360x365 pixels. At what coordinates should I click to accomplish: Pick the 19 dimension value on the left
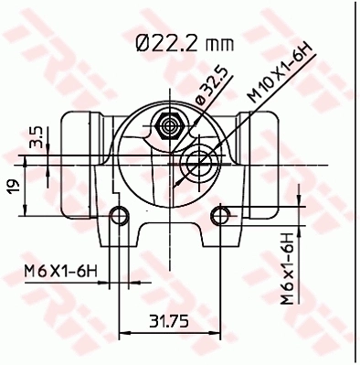tap(14, 186)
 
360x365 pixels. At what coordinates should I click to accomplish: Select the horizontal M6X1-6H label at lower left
tap(59, 271)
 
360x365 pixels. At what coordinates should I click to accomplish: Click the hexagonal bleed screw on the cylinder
tap(167, 123)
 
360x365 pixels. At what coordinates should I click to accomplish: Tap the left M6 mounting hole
tap(117, 216)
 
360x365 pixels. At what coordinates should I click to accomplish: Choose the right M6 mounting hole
tap(219, 216)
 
